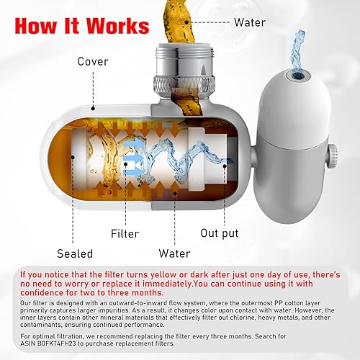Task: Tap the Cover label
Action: click(x=94, y=62)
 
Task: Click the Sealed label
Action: click(x=74, y=253)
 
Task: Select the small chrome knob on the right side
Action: click(x=333, y=152)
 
